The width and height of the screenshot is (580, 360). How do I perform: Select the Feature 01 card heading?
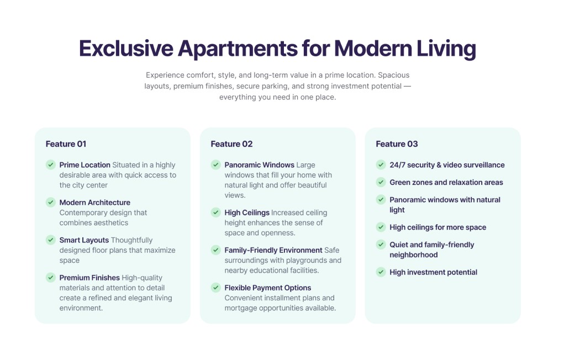pyautogui.click(x=66, y=144)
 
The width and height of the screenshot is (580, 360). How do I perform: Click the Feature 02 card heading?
pyautogui.click(x=231, y=144)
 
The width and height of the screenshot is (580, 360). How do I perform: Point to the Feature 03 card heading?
pyautogui.click(x=397, y=144)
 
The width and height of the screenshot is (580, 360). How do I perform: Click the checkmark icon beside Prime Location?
pyautogui.click(x=50, y=165)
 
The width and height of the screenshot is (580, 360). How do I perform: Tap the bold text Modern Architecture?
pyautogui.click(x=94, y=203)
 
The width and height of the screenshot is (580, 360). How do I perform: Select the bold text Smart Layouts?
pyautogui.click(x=84, y=240)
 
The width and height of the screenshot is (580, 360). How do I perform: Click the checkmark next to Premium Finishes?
pyautogui.click(x=50, y=277)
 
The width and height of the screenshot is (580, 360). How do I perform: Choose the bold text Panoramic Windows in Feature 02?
pyautogui.click(x=259, y=165)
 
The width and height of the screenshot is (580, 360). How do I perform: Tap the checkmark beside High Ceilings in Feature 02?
pyautogui.click(x=215, y=212)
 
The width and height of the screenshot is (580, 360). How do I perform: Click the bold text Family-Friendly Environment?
pyautogui.click(x=273, y=250)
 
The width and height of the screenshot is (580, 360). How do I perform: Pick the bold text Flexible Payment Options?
pyautogui.click(x=267, y=288)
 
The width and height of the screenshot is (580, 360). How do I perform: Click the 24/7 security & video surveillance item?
pyautogui.click(x=446, y=165)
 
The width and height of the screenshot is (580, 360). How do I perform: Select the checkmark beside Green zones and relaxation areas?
pyautogui.click(x=381, y=182)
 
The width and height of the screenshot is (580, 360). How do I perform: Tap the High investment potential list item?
pyautogui.click(x=433, y=272)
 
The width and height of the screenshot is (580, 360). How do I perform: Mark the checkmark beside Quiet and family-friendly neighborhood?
pyautogui.click(x=381, y=244)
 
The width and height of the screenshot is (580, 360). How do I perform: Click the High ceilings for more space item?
pyautogui.click(x=437, y=227)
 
